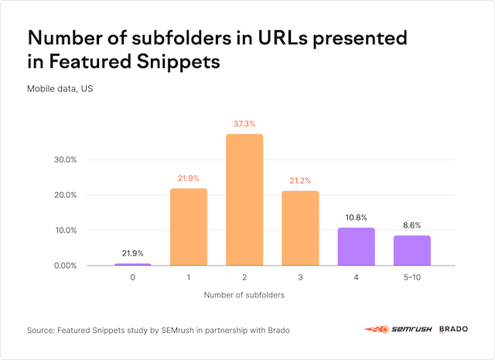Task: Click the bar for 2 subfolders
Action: pyautogui.click(x=244, y=200)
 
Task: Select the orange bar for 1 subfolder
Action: pyautogui.click(x=189, y=227)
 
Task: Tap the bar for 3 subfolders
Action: pyautogui.click(x=300, y=228)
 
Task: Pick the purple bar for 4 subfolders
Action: pyautogui.click(x=356, y=246)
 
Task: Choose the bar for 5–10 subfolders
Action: pyautogui.click(x=411, y=250)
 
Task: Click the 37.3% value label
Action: pyautogui.click(x=244, y=124)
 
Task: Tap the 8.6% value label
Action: pyautogui.click(x=411, y=225)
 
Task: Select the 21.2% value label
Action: pyautogui.click(x=300, y=180)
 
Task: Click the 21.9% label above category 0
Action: pyautogui.click(x=133, y=253)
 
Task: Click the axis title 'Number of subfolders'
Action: pyautogui.click(x=244, y=296)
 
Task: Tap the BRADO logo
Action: pyautogui.click(x=453, y=330)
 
